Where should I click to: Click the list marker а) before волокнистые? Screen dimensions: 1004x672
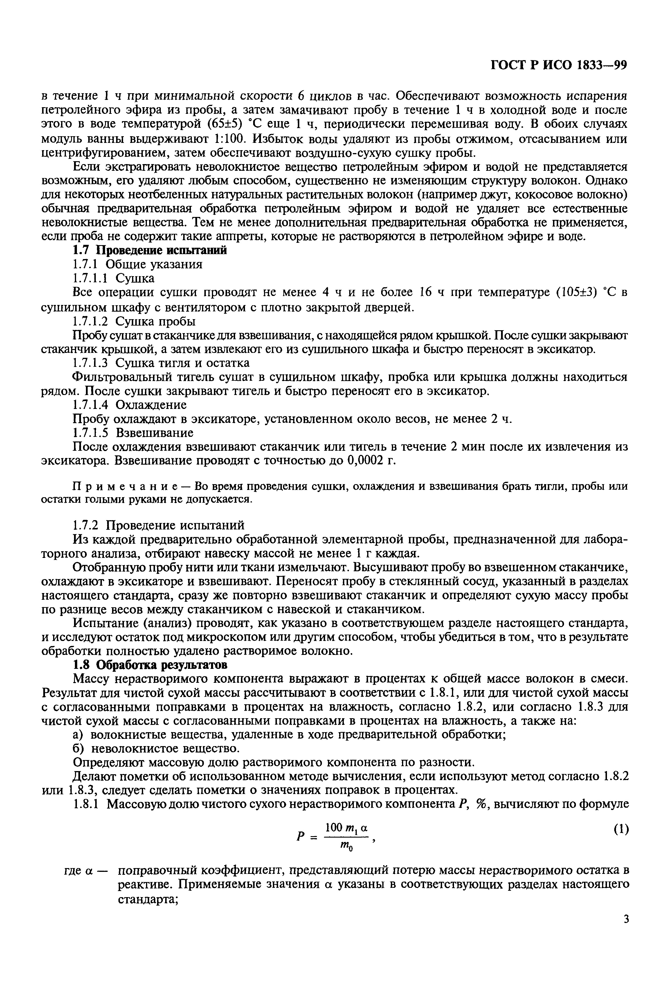pos(78,735)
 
